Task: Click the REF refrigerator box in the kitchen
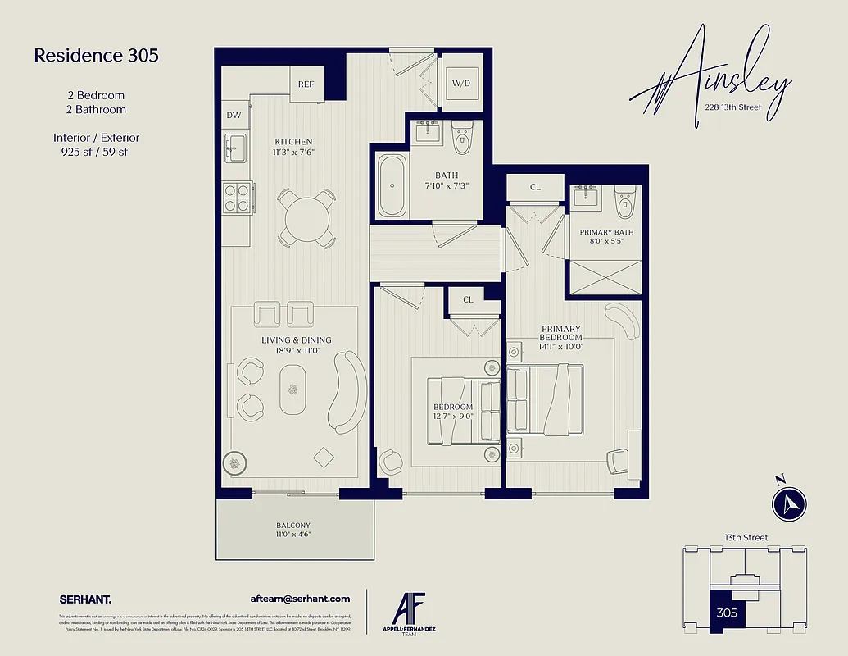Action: (x=306, y=84)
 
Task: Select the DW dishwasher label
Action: (x=234, y=116)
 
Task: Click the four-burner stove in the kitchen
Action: (x=236, y=198)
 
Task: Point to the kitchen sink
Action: (x=235, y=148)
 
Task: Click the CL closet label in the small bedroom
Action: (x=468, y=300)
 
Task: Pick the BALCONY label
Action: (x=293, y=526)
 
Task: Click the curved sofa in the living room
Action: (x=346, y=393)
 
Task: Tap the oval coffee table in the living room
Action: (x=293, y=389)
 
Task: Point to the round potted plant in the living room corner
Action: (x=236, y=464)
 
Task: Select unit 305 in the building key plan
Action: (x=726, y=612)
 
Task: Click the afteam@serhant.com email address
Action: (x=300, y=599)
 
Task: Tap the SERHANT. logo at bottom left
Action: (x=86, y=599)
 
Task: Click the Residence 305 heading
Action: (x=96, y=56)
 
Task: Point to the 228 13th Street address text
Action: (x=732, y=107)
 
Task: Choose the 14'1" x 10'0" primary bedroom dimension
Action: (x=560, y=347)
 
